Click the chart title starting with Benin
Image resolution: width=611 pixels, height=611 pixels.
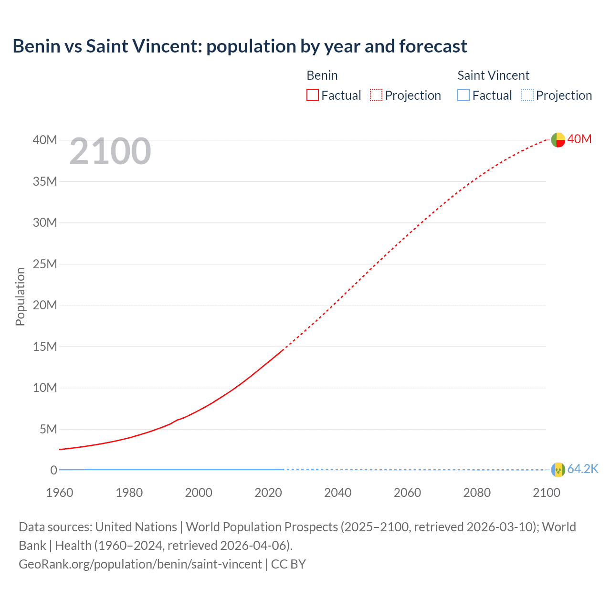coord(240,46)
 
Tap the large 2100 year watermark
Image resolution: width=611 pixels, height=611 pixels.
coord(110,151)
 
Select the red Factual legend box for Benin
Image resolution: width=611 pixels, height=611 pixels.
coord(313,95)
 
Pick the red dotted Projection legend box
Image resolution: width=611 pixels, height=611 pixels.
coord(376,95)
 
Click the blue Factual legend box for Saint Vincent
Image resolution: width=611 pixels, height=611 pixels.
coord(464,95)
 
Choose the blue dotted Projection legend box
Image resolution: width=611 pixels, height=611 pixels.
coord(527,95)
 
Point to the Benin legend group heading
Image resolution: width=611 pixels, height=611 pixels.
coord(322,75)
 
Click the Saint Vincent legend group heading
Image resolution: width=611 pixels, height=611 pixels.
coord(493,75)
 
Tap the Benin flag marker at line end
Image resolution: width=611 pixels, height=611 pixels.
coord(558,140)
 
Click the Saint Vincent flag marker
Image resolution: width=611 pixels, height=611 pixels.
coord(558,470)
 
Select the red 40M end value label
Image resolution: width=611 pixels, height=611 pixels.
coord(579,139)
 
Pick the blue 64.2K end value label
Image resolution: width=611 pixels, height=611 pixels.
coord(583,469)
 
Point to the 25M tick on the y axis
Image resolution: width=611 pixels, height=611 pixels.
coord(45,264)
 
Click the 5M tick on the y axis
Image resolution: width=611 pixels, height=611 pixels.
coord(48,429)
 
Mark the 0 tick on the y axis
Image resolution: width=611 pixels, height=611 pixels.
coord(53,470)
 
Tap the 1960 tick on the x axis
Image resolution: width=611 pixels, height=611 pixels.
coord(60,493)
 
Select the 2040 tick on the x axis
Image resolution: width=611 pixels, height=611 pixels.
coord(337,493)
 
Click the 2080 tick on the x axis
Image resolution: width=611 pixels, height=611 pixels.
coord(477,493)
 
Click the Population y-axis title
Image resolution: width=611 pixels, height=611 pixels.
coord(20,296)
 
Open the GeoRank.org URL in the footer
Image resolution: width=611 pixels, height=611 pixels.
coord(140,564)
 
